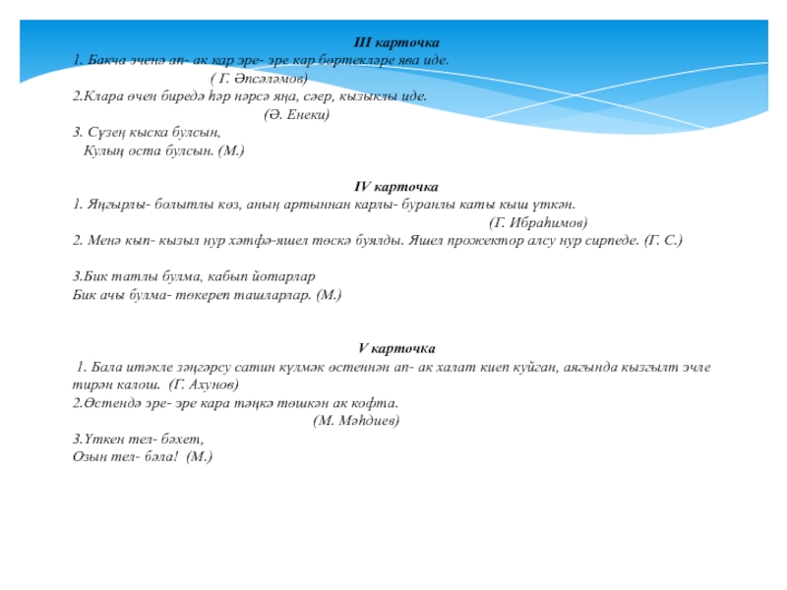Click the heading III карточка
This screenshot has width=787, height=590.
coord(397,43)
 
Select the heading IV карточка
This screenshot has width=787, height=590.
coord(396,186)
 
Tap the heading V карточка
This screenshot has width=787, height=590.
coord(397,348)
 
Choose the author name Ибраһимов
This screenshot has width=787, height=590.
coord(546,222)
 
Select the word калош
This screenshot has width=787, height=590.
coord(140,384)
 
